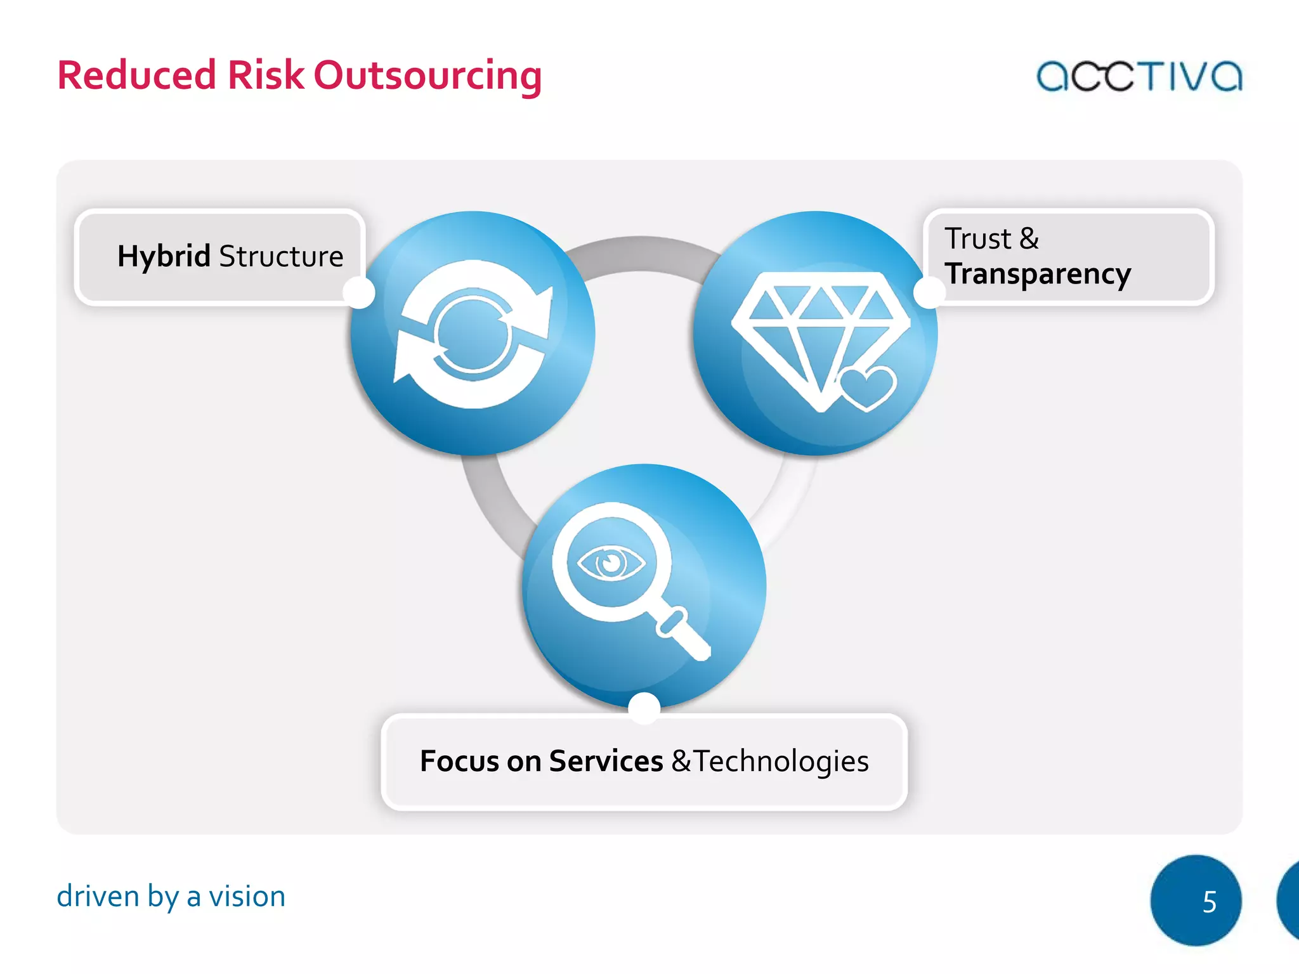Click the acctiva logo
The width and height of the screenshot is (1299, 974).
(1139, 76)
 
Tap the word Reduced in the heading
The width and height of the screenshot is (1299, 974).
(137, 75)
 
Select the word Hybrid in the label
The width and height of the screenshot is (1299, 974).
(164, 256)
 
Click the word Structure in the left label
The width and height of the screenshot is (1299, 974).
(281, 256)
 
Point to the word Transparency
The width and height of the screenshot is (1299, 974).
(1038, 274)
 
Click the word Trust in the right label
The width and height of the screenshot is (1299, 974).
(977, 238)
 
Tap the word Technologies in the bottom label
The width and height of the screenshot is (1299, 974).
(781, 761)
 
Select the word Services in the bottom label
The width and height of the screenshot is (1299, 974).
(606, 761)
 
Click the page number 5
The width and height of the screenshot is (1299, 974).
(1209, 901)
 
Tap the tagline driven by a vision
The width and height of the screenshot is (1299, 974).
(171, 897)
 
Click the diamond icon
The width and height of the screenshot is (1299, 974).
(812, 330)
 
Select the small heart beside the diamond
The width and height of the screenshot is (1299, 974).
(867, 387)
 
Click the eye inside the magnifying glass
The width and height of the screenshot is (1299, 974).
(611, 562)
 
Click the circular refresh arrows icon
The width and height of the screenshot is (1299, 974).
(473, 334)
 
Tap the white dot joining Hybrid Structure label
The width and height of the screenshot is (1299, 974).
(359, 292)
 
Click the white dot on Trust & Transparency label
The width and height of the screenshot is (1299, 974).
(930, 292)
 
